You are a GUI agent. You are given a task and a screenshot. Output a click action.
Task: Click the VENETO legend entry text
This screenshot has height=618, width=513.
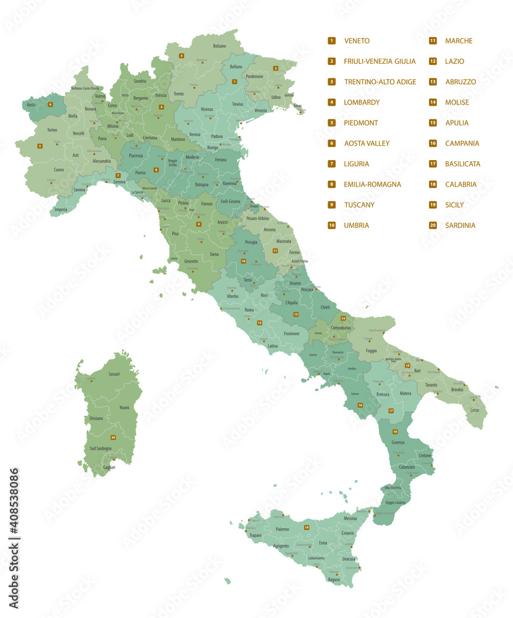coord(357,41)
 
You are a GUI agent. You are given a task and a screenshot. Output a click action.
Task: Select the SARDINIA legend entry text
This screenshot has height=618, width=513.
coord(460,226)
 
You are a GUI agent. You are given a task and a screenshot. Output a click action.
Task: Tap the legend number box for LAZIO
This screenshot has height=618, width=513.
coord(433,61)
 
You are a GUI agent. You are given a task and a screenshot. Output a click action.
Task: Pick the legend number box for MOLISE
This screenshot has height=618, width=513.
coord(433,103)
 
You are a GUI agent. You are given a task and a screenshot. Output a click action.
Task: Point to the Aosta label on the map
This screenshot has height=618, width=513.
coord(30,104)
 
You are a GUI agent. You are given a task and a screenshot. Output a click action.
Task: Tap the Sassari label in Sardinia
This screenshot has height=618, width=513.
coord(114,374)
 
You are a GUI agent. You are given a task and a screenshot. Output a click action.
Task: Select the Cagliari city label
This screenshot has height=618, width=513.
coord(109,467)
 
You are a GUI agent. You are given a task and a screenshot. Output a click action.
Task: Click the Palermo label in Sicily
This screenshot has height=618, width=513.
coord(282,530)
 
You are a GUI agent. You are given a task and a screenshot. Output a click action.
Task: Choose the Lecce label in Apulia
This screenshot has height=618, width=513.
coord(474,410)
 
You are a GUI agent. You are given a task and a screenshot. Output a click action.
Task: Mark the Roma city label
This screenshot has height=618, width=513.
coord(249,310)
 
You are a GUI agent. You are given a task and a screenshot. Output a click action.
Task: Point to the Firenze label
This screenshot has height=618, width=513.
coord(206,203)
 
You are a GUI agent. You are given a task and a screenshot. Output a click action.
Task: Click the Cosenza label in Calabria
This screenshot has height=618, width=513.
coord(397,442)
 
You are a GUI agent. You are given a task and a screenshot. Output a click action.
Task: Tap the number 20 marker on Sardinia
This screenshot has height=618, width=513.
coord(113,438)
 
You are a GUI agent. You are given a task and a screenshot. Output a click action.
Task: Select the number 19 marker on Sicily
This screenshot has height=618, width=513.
coord(307,527)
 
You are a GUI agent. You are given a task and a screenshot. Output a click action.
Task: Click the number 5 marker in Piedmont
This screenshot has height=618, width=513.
coord(40,146)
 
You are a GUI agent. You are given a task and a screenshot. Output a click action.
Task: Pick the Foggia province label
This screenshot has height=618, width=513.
coord(371,351)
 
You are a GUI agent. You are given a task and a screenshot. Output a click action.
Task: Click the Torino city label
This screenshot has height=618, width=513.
coord(52,130)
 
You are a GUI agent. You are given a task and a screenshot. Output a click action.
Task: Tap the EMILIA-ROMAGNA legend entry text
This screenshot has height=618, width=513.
coord(372,184)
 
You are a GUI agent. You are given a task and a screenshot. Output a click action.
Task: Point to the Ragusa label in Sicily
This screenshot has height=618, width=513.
coord(334,579)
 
